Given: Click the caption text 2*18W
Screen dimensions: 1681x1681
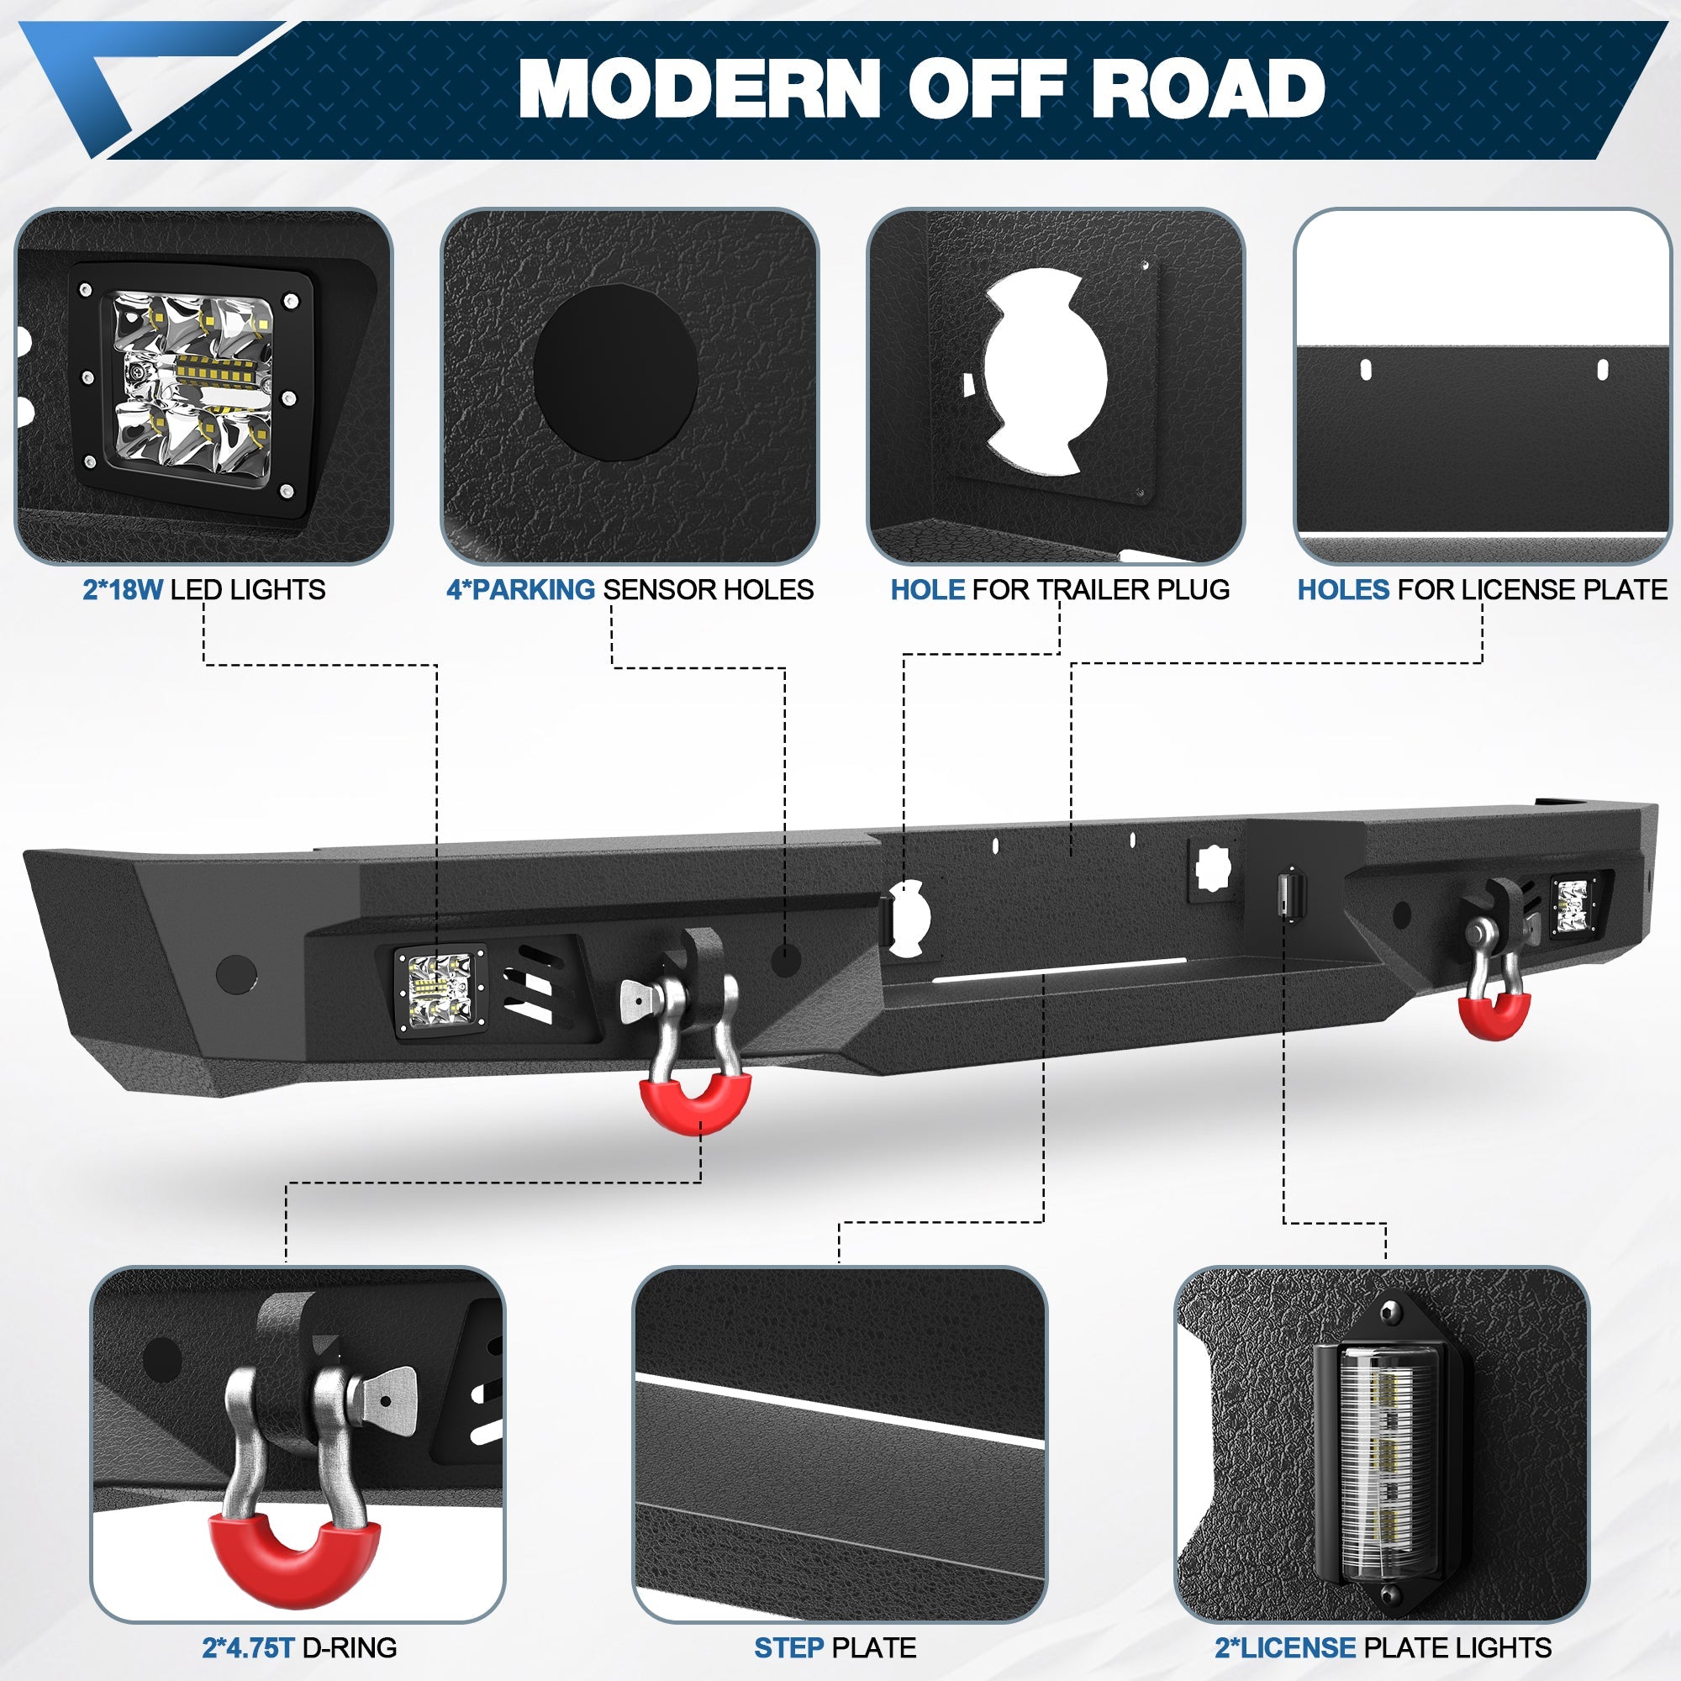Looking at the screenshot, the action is pos(122,590).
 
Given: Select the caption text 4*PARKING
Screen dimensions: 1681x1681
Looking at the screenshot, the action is pos(520,590).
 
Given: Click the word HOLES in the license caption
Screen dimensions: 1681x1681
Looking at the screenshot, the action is pos(1343,590).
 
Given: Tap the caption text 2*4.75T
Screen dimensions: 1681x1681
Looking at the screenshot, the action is pos(248,1647).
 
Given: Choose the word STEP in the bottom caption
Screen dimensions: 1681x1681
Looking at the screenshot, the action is pos(788,1647).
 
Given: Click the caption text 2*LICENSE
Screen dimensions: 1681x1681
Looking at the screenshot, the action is pos(1285,1647).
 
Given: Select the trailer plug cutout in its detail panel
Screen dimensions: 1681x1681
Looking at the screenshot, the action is pos(1044,371).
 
